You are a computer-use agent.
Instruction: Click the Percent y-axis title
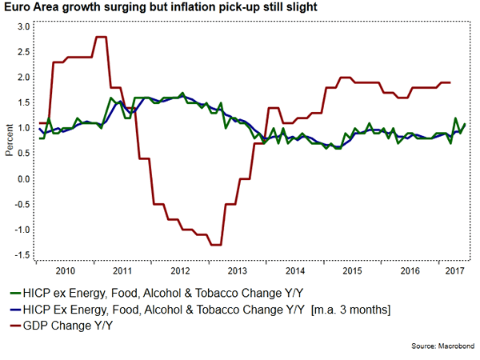(x=9, y=141)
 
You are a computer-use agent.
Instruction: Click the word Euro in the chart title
(x=18, y=8)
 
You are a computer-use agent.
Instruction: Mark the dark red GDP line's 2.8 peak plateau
(x=102, y=37)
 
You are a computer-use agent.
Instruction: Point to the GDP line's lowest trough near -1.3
(x=215, y=245)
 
